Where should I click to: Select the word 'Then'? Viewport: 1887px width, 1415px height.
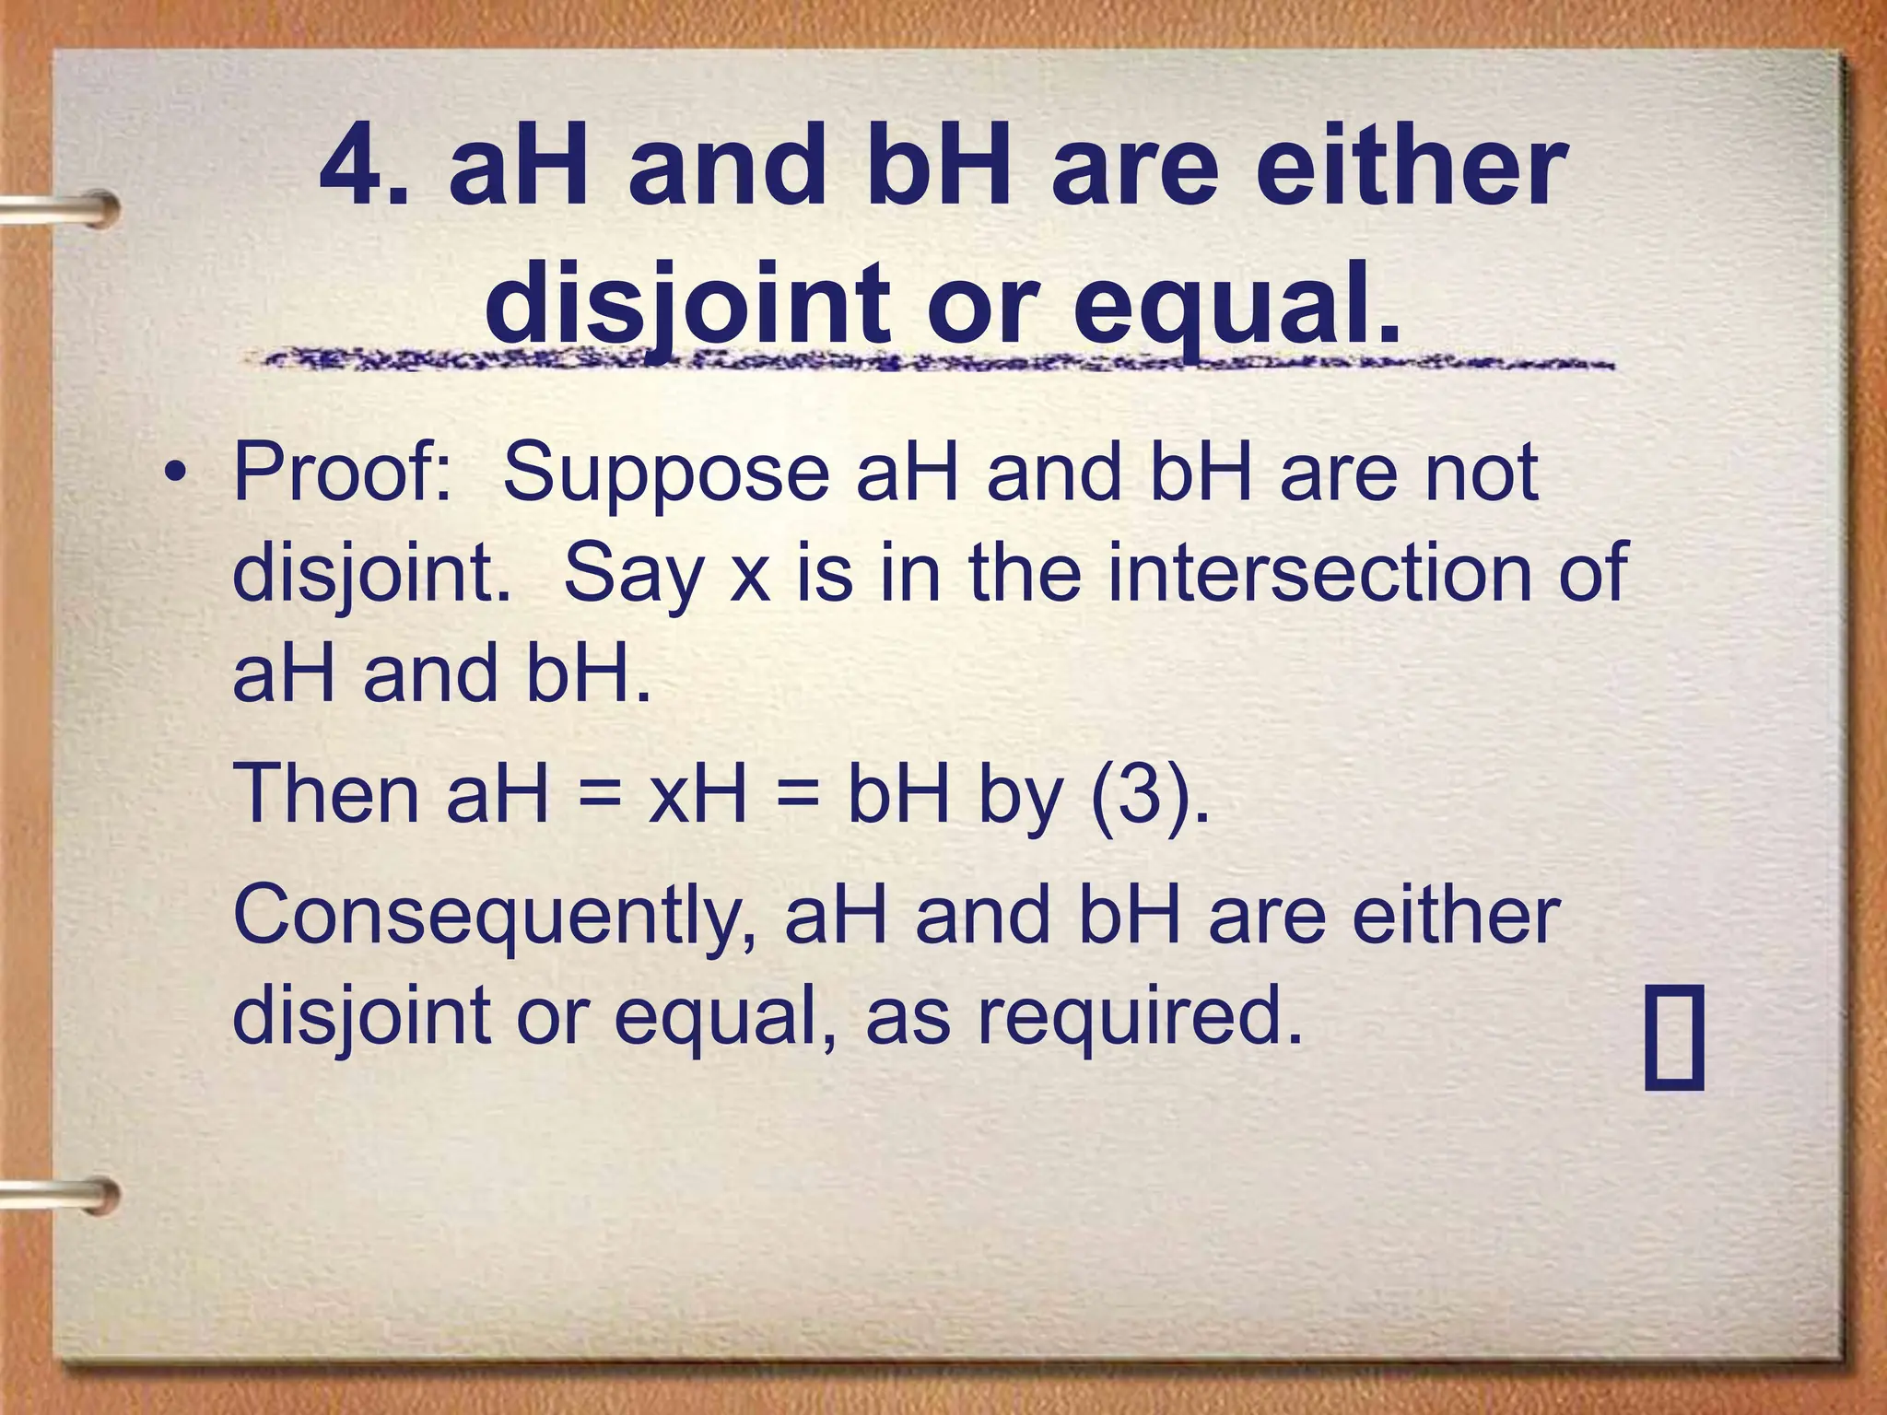(326, 794)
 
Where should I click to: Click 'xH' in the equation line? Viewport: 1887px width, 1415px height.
(698, 794)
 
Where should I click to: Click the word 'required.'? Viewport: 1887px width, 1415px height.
(1140, 1015)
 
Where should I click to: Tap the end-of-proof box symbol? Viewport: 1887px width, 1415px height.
(1674, 1037)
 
